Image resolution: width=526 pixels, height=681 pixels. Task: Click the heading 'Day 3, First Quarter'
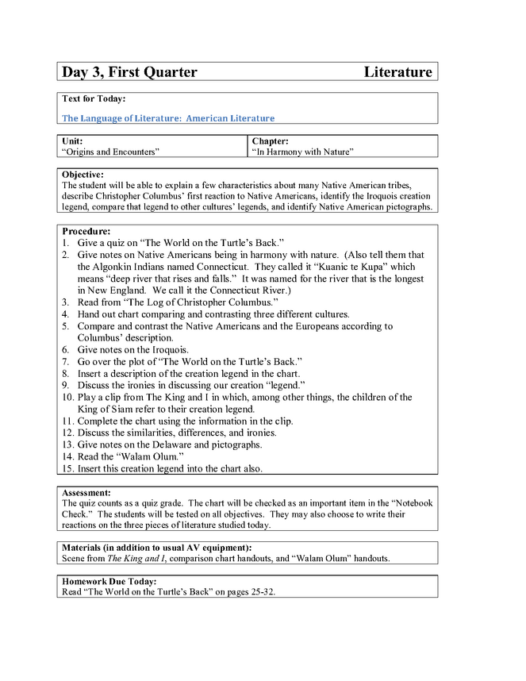[x=129, y=72]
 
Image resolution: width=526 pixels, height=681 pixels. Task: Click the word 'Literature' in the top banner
[x=397, y=72]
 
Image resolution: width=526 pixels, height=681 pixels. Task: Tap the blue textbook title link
[x=168, y=118]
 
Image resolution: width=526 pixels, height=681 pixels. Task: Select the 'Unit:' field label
[x=72, y=140]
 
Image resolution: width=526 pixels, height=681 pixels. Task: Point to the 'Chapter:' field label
[x=270, y=140]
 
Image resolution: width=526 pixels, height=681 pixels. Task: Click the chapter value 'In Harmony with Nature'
[x=302, y=151]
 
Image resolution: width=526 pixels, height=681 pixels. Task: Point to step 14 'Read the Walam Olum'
[x=131, y=457]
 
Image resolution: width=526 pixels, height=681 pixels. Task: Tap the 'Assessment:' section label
[x=86, y=492]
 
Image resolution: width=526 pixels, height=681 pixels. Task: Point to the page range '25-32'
[x=258, y=592]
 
